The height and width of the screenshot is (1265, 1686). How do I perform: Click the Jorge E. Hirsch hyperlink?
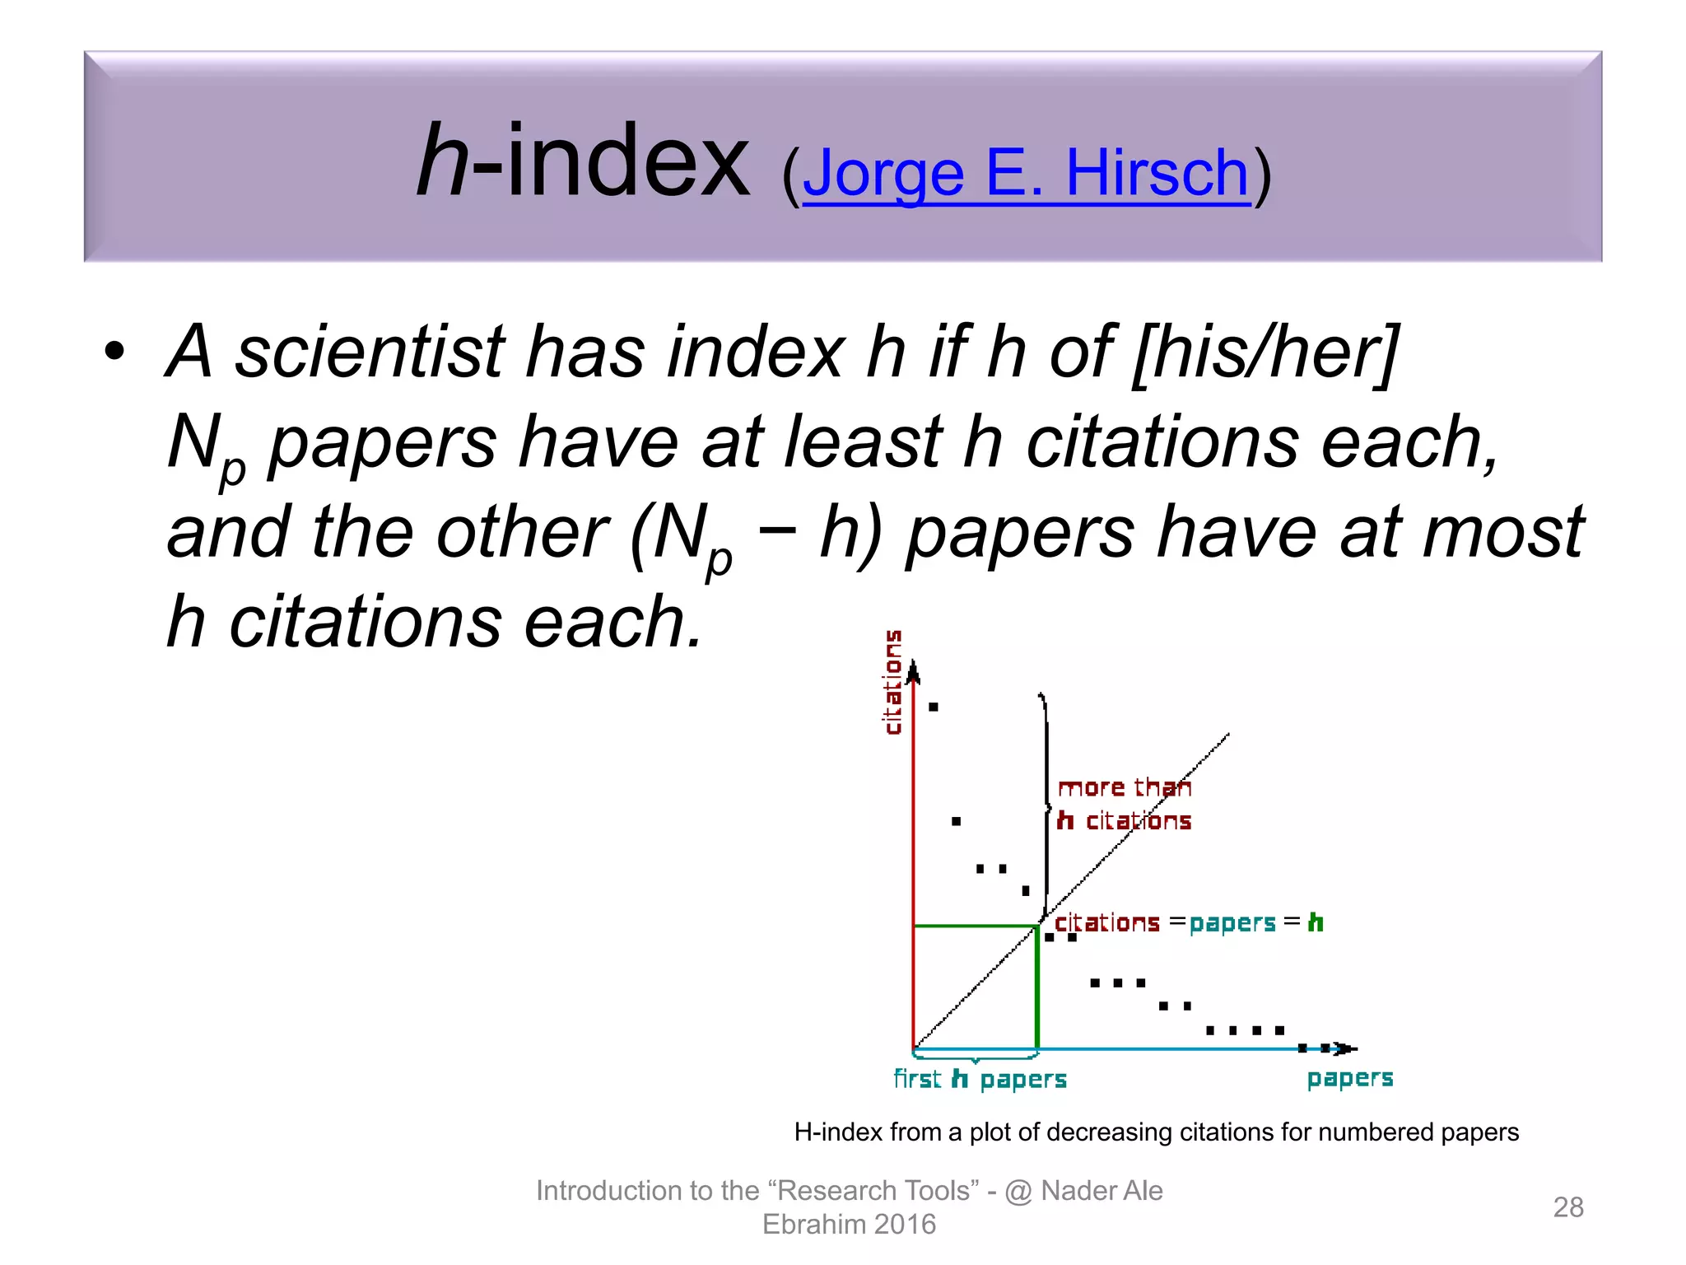coord(1026,174)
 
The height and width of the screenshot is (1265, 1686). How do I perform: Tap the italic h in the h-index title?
coord(442,161)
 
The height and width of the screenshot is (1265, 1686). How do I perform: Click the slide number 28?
coord(1567,1207)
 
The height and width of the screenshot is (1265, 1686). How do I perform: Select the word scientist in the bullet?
coord(370,352)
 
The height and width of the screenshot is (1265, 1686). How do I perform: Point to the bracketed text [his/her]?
coord(1265,353)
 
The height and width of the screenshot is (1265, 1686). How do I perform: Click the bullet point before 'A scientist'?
coord(114,352)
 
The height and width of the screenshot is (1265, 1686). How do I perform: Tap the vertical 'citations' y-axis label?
coord(892,682)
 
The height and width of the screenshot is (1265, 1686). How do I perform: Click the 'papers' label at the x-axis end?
coord(1349,1079)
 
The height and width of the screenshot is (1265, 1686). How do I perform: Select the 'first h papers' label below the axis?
coord(980,1080)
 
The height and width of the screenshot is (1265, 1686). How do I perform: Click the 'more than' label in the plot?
coord(1124,788)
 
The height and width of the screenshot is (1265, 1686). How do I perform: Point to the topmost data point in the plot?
coord(933,707)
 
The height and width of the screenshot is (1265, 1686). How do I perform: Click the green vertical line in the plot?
coord(1036,988)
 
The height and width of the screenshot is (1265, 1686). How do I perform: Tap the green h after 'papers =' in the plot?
coord(1316,922)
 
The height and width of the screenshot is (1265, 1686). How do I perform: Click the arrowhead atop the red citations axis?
coord(913,674)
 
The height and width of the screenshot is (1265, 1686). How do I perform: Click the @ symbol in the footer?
coord(1018,1191)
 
